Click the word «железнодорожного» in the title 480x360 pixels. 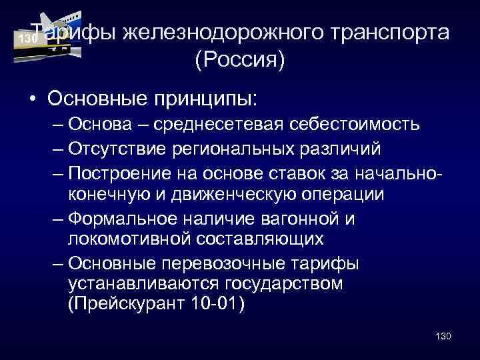click(230, 33)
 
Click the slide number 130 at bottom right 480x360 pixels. click(442, 335)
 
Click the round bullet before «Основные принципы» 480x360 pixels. click(33, 98)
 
